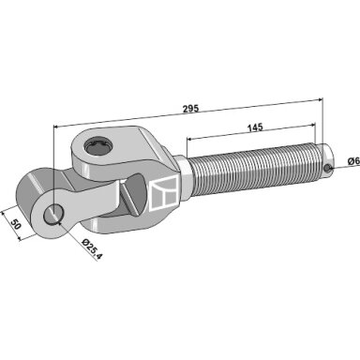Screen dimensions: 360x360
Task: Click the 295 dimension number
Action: click(x=190, y=109)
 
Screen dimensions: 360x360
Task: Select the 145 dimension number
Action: click(x=255, y=127)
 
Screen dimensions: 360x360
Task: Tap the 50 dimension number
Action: click(x=15, y=224)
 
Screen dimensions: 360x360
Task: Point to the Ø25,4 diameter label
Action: click(x=92, y=249)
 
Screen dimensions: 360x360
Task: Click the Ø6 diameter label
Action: click(x=353, y=161)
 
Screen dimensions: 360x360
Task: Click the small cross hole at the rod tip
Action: click(x=327, y=168)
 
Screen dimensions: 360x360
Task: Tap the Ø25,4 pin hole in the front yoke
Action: click(x=53, y=214)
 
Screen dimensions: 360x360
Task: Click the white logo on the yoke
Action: click(x=164, y=192)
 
